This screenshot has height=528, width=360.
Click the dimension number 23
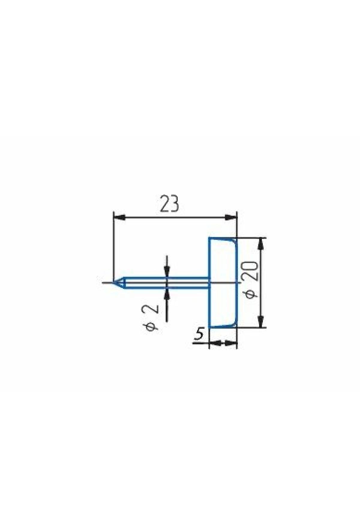coord(169,204)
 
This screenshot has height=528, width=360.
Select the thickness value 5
coord(199,334)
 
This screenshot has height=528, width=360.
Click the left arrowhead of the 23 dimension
coord(119,217)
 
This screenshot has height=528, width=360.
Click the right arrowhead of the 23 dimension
coord(231,217)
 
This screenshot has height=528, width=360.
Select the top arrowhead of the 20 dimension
coord(262,244)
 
